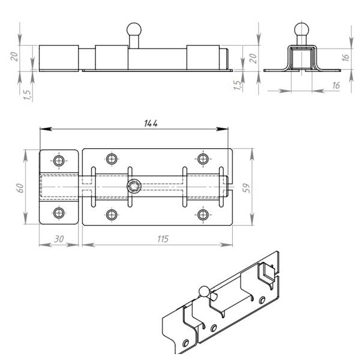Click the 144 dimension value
pyautogui.click(x=151, y=123)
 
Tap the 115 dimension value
pyautogui.click(x=163, y=239)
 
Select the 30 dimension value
pyautogui.click(x=59, y=239)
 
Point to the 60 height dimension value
pyautogui.click(x=20, y=188)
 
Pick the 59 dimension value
pyautogui.click(x=246, y=188)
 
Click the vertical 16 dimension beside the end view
pyautogui.click(x=346, y=57)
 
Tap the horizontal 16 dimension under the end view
pyautogui.click(x=336, y=86)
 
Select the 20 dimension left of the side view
pyautogui.click(x=14, y=56)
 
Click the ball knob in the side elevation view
pyautogui.click(x=134, y=29)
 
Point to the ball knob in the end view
pyautogui.click(x=302, y=29)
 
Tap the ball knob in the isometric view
pyautogui.click(x=203, y=292)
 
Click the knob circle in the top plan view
pyautogui.click(x=134, y=186)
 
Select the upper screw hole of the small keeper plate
pyautogui.click(x=59, y=161)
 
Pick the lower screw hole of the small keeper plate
pyautogui.click(x=59, y=213)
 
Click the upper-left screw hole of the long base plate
pyautogui.click(x=112, y=158)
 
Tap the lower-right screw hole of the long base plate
pyautogui.click(x=203, y=215)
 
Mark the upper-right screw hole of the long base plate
pyautogui.click(x=203, y=158)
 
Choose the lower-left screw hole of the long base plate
pyautogui.click(x=112, y=215)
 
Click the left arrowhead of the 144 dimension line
pyautogui.click(x=46, y=129)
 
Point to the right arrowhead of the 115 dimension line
pyautogui.click(x=226, y=245)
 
